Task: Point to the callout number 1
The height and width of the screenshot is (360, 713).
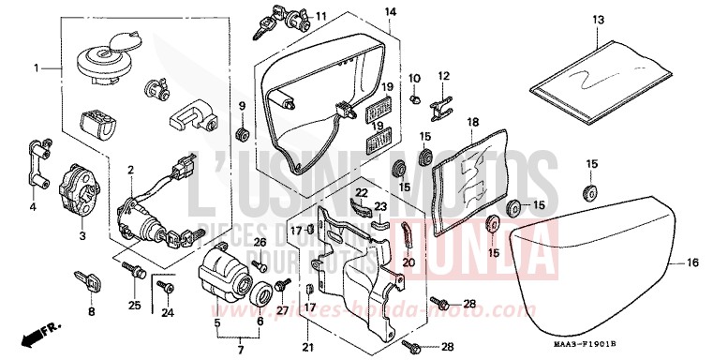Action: tap(37, 68)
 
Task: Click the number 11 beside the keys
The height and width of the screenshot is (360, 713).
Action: tap(320, 16)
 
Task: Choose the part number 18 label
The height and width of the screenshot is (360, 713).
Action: tap(472, 123)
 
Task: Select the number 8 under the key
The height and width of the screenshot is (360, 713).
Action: tap(91, 311)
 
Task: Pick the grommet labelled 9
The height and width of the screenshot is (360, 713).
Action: tap(242, 132)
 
